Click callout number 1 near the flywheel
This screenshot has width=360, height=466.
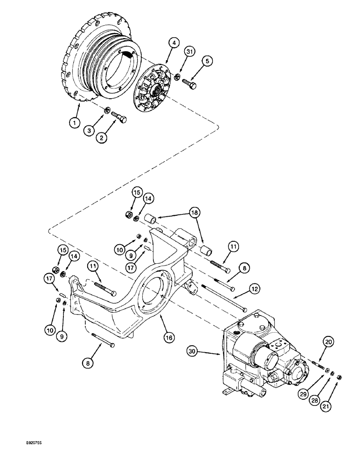click(x=73, y=123)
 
